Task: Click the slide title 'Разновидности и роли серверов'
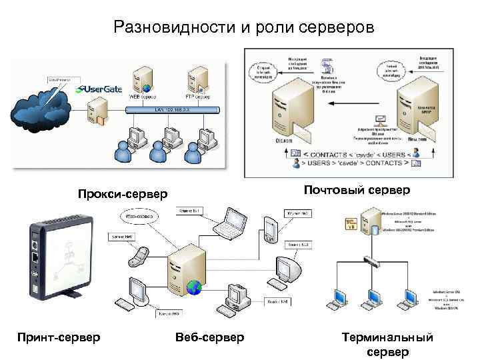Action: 244,27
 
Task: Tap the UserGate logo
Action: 100,89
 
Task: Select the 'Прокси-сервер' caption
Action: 123,195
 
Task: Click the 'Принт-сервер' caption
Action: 59,337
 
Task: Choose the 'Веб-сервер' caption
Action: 209,337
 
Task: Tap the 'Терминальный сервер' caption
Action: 387,344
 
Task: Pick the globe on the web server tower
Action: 194,287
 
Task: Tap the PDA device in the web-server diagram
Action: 269,229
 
